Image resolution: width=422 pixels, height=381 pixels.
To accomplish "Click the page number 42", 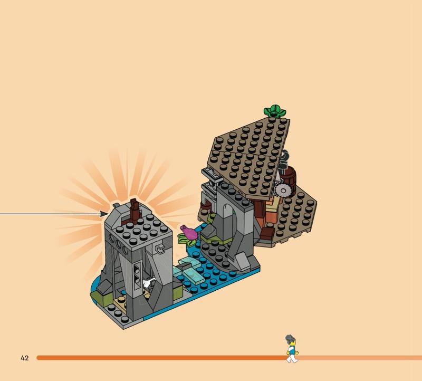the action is pyautogui.click(x=24, y=358).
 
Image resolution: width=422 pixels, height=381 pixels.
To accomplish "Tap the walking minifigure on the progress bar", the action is pyautogui.click(x=292, y=349).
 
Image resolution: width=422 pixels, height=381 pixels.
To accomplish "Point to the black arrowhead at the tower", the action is pyautogui.click(x=104, y=214).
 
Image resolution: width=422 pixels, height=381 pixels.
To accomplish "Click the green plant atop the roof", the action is pyautogui.click(x=274, y=111).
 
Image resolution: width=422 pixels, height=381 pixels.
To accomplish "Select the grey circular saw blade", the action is pyautogui.click(x=283, y=190).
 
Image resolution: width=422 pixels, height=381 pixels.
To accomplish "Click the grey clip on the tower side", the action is pyautogui.click(x=160, y=249).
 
